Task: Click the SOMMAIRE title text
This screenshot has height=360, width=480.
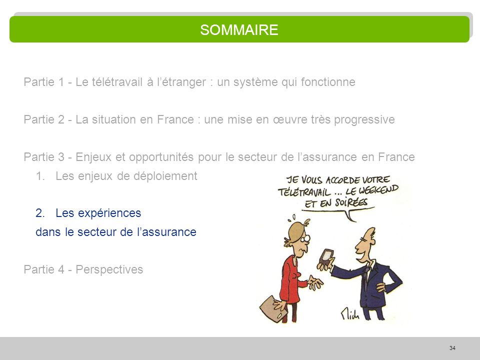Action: pyautogui.click(x=239, y=30)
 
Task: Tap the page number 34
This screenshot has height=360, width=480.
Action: pyautogui.click(x=452, y=348)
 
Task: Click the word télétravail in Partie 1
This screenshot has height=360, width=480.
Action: pyautogui.click(x=116, y=82)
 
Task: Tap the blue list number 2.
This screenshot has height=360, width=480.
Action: pyautogui.click(x=39, y=213)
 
